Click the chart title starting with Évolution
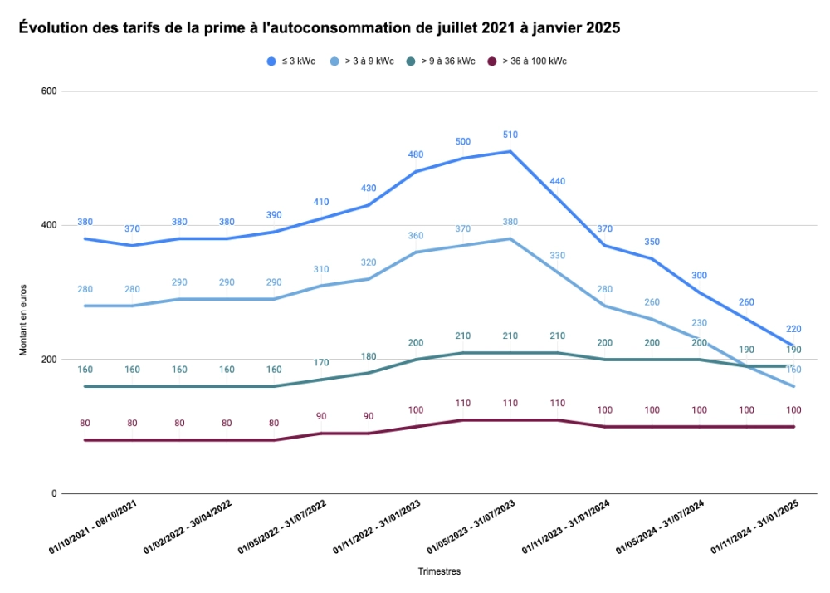pos(319,28)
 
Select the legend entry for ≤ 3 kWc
pos(291,61)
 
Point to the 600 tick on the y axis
pos(48,91)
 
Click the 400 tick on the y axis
pos(48,225)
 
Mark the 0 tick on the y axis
pos(53,494)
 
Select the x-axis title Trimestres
pos(439,571)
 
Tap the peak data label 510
pos(510,135)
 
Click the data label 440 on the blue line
pos(557,181)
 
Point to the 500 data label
pos(463,141)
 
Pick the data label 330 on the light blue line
pos(557,255)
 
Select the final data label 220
pos(793,329)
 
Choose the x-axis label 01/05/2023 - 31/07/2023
pos(471,529)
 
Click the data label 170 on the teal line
pos(321,362)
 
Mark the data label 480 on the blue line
pos(416,154)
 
